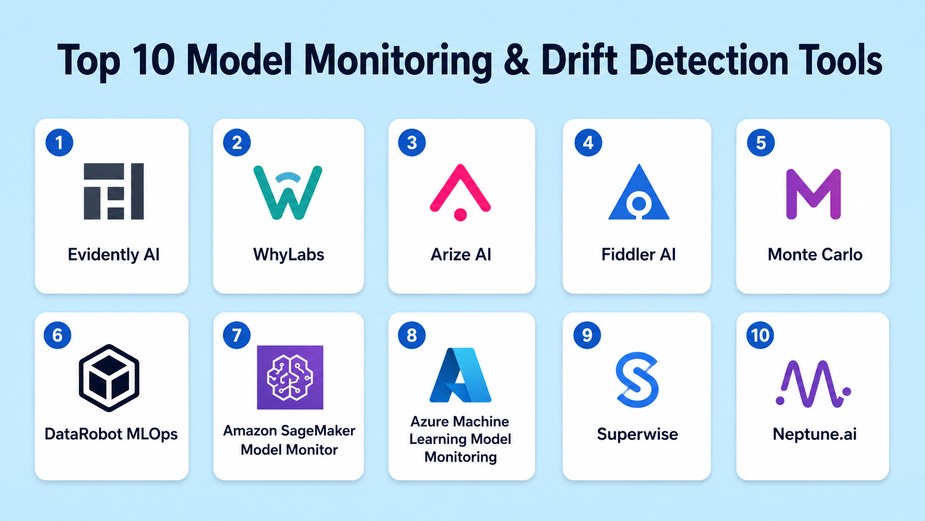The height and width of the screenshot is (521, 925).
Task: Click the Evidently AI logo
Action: pos(113,192)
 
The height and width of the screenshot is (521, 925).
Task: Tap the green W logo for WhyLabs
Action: pos(288,193)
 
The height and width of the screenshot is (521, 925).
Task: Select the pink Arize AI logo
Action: pos(460,192)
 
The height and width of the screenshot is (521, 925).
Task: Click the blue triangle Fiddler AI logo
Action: pos(639,192)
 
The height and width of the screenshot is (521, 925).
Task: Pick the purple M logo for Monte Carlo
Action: pos(813,193)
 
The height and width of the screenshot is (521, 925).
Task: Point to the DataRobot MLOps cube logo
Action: pos(109,378)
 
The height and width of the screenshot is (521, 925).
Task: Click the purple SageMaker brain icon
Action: pos(290,377)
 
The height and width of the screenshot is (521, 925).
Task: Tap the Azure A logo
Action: pos(460,375)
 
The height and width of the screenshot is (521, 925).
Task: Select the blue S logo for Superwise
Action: pos(637,380)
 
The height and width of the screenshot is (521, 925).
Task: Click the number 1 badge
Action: pos(59,142)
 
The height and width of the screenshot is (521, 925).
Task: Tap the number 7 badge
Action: pos(237,335)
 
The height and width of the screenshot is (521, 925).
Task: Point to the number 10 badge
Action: pos(760,335)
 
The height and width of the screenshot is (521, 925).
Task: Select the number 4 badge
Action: pos(589,142)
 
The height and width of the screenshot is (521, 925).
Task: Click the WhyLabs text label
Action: pos(288,255)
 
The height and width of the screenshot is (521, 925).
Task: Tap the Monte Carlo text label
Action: pos(815,255)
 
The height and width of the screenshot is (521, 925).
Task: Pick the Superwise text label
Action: pos(637,434)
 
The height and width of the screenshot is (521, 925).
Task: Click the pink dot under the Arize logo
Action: pos(460,215)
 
